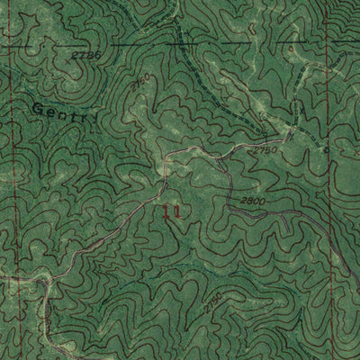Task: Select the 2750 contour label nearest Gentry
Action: (x=137, y=87)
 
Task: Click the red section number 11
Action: (x=173, y=212)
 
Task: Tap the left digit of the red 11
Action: (x=167, y=212)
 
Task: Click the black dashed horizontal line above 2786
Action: (x=180, y=42)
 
